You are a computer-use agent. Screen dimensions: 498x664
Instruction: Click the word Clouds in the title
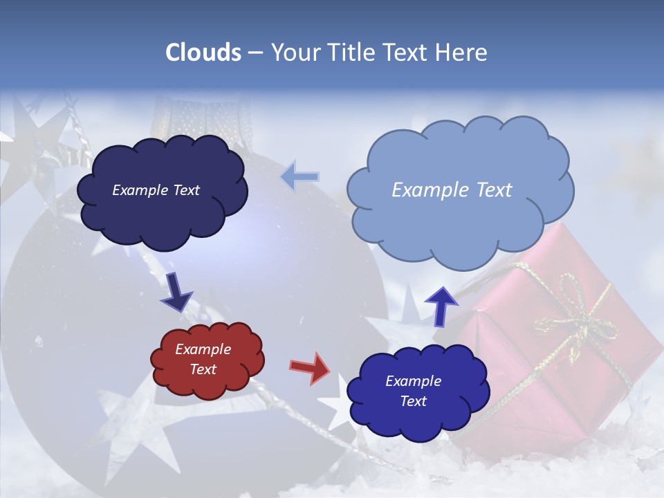click(x=204, y=53)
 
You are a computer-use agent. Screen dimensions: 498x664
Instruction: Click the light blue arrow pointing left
click(x=299, y=177)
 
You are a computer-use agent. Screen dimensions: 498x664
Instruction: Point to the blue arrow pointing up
click(x=441, y=305)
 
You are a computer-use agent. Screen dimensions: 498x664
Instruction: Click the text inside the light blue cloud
click(x=452, y=190)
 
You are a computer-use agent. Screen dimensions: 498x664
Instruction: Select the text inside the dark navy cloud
click(x=156, y=190)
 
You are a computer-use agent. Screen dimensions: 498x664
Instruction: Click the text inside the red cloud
click(x=203, y=360)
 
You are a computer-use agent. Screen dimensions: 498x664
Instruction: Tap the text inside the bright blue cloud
click(x=414, y=391)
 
